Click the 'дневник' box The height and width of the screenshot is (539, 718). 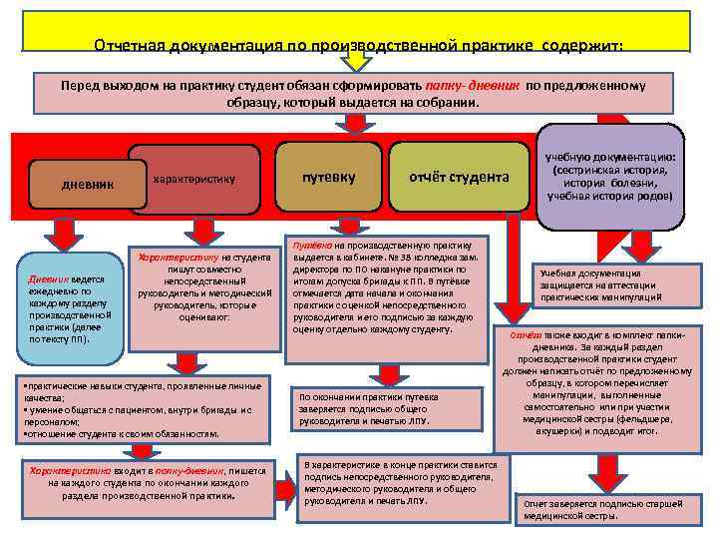(x=88, y=185)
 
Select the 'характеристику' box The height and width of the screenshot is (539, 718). (x=194, y=179)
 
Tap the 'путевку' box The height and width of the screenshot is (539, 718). (x=329, y=177)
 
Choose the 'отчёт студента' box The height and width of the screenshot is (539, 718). (x=459, y=177)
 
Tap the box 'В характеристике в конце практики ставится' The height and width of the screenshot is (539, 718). (x=404, y=482)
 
